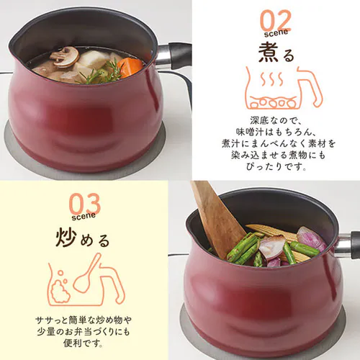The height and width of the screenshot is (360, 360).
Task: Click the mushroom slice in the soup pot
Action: [x=65, y=57]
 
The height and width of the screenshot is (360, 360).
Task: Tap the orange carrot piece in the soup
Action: [x=130, y=67]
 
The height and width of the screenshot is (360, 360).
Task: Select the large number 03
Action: [x=84, y=204]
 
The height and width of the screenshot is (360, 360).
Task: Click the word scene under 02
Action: [x=276, y=33]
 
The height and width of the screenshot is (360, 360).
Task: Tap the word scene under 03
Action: [x=84, y=216]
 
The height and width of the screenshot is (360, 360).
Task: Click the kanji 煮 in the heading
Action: [x=268, y=52]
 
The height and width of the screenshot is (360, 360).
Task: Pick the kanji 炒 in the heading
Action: [x=66, y=237]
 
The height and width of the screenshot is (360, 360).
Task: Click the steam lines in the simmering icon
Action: [x=271, y=79]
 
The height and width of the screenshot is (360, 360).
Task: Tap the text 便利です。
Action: [x=84, y=343]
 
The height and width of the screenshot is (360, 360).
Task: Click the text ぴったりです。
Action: [x=276, y=166]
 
